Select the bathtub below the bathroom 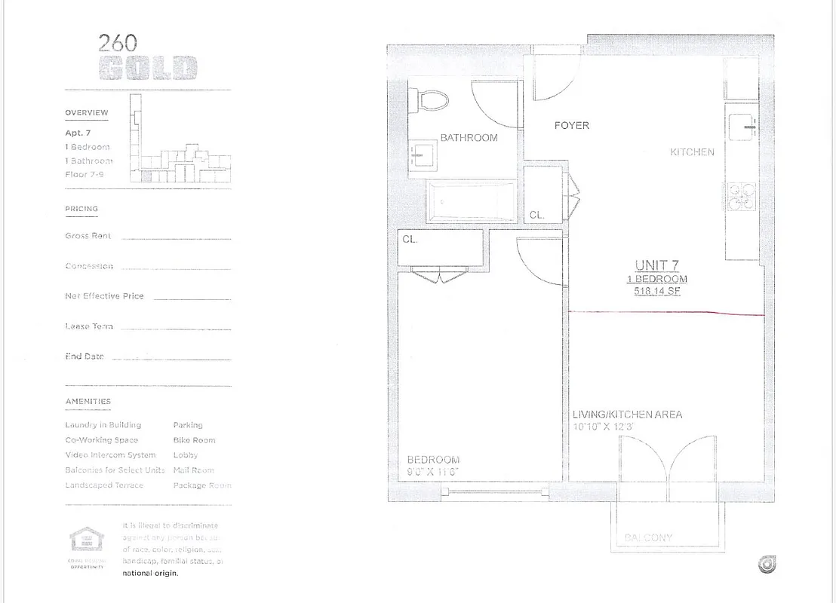coord(472,202)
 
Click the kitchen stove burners coord(741,197)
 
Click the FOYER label coord(572,125)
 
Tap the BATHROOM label coord(469,137)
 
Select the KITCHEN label coord(692,152)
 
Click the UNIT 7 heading coord(656,265)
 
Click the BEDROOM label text coord(433,460)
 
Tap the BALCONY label coord(649,537)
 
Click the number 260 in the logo coord(118,43)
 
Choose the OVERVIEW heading coord(87,113)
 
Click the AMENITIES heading coord(88,402)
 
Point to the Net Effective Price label coord(104,296)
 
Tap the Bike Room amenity coord(194,440)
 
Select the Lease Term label coord(89,326)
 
